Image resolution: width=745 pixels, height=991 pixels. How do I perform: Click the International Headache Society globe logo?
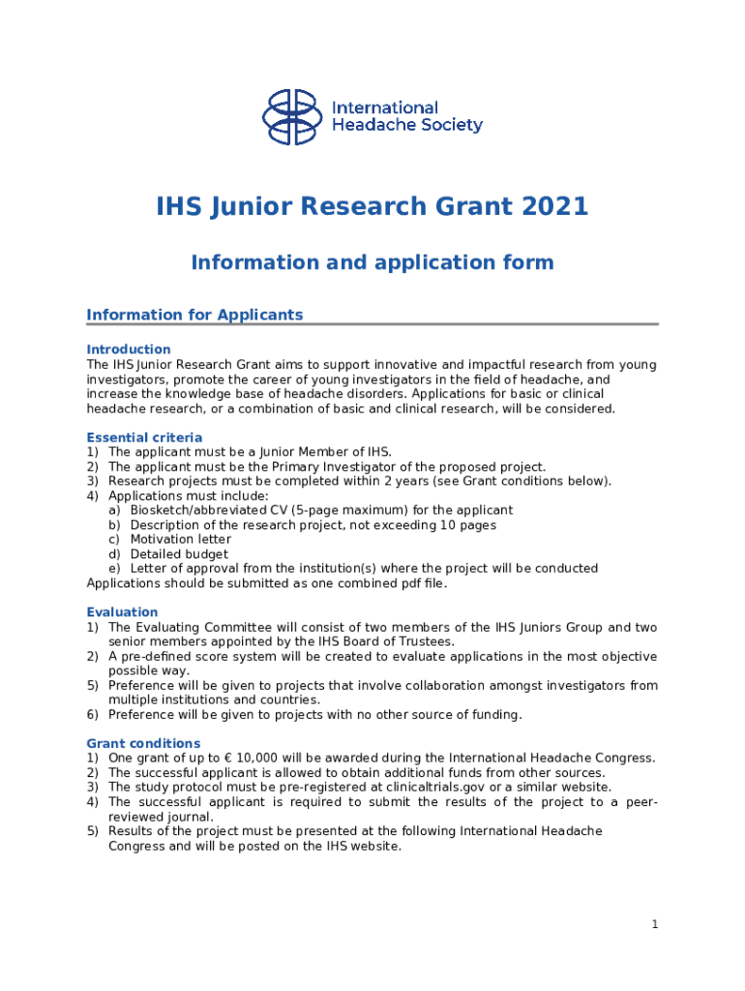pos(291,117)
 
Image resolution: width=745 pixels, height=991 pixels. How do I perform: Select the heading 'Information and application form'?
pos(372,262)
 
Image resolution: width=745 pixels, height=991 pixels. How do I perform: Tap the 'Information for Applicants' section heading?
pos(194,315)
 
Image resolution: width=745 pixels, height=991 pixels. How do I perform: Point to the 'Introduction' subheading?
pos(129,349)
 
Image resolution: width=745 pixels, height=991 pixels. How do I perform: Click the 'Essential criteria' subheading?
pos(144,437)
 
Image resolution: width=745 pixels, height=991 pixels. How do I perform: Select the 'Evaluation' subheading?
pos(122,613)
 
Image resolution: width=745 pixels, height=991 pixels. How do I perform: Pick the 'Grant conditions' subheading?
pos(143,743)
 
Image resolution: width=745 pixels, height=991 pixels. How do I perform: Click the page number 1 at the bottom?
pos(655,924)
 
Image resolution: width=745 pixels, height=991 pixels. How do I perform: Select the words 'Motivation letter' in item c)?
pos(181,539)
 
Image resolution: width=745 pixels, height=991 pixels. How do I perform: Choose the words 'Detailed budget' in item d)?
pos(179,554)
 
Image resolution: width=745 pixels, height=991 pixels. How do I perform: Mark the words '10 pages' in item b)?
pos(469,525)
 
